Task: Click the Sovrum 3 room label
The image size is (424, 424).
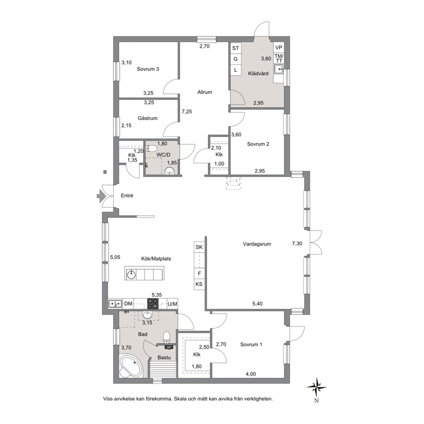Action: tap(147, 69)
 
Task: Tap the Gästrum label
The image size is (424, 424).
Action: tap(147, 118)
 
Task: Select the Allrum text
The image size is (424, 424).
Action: tap(204, 92)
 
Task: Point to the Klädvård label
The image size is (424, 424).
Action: tap(258, 73)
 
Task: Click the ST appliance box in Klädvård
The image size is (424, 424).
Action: tap(236, 48)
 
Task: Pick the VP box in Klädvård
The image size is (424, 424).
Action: tap(279, 48)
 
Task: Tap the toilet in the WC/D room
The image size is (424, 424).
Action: tap(151, 148)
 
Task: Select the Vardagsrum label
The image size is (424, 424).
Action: tap(256, 244)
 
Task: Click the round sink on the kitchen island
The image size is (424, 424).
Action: tap(131, 274)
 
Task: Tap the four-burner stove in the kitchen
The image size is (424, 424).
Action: tap(153, 303)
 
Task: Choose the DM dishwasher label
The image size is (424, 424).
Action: tap(128, 304)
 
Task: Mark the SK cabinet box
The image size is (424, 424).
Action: tap(199, 247)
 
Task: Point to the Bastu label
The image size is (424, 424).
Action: tap(164, 357)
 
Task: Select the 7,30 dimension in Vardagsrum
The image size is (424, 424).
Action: tap(297, 244)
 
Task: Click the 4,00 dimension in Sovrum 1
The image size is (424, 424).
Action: tap(250, 374)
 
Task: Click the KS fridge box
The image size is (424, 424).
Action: tap(199, 284)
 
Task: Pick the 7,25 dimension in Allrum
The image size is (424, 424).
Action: tap(187, 112)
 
